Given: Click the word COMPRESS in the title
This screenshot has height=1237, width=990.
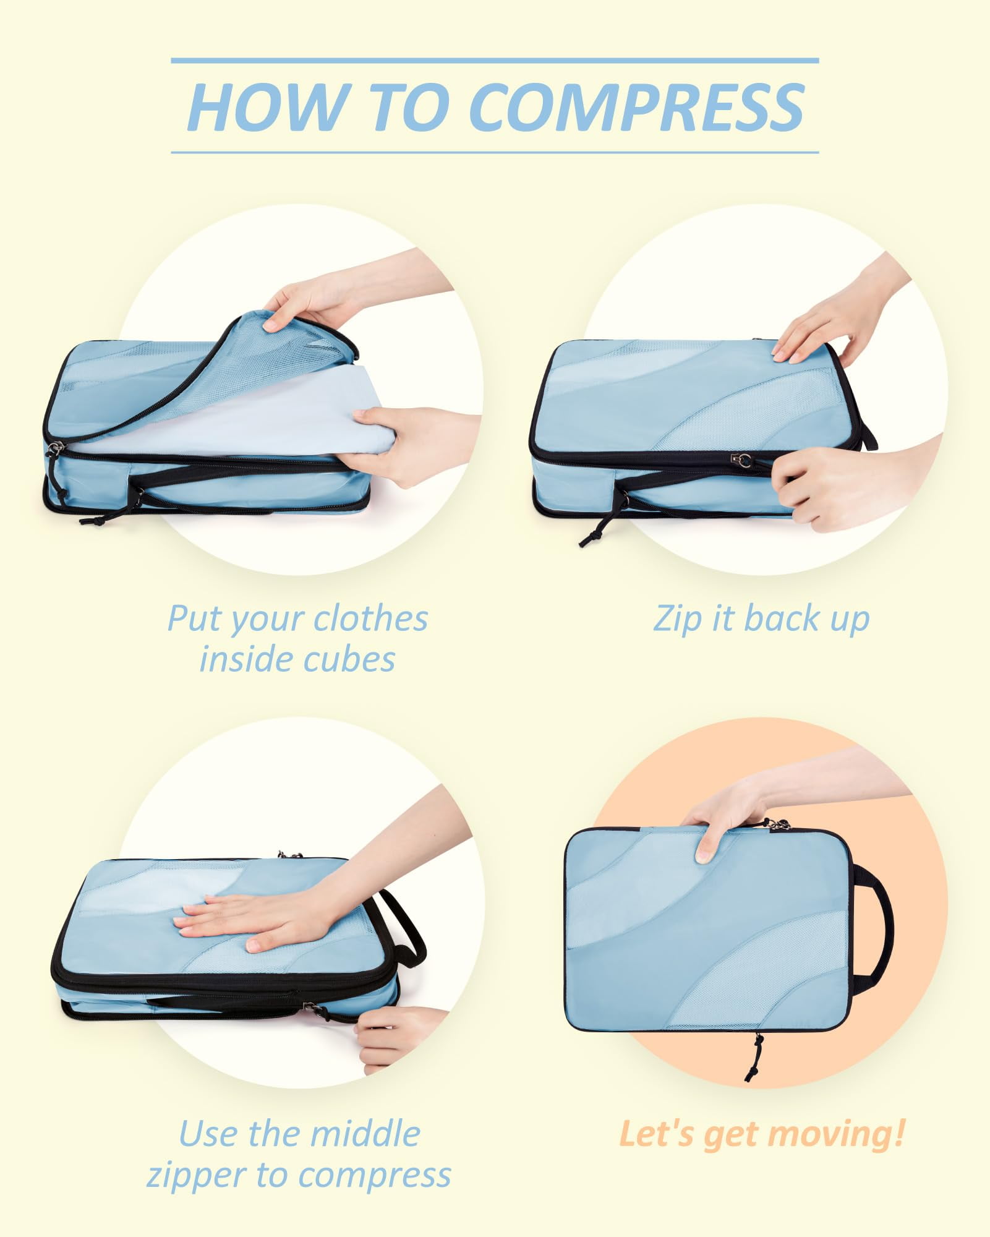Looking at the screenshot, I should click(637, 106).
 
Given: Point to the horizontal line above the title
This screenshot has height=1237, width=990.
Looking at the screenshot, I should click(495, 61).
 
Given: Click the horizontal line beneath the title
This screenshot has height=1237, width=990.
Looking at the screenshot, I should click(495, 152).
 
